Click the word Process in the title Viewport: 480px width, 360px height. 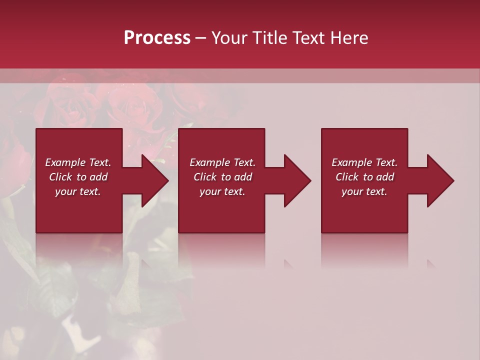click(157, 38)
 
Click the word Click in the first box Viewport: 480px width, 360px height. click(60, 177)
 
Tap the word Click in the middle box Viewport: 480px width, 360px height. click(205, 177)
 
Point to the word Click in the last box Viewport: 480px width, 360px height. click(347, 177)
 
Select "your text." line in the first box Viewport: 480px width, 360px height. click(78, 191)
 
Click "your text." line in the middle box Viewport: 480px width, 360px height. click(222, 191)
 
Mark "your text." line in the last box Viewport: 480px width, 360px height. click(364, 191)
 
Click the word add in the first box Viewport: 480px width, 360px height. click(99, 177)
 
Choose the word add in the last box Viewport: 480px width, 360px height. click(385, 177)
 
